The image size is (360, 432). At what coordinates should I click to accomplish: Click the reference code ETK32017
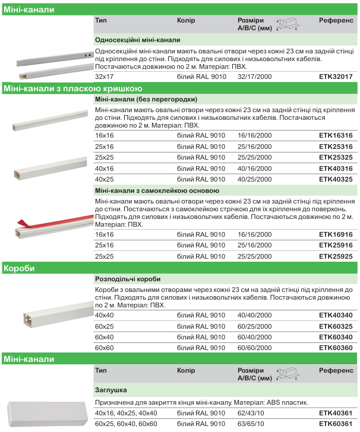pyautogui.click(x=336, y=77)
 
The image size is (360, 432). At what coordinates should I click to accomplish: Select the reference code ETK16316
pyautogui.click(x=336, y=136)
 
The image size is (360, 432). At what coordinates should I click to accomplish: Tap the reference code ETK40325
pyautogui.click(x=336, y=179)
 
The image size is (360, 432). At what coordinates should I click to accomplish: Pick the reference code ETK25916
pyautogui.click(x=336, y=246)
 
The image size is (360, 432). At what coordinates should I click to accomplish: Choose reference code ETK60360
pyautogui.click(x=336, y=348)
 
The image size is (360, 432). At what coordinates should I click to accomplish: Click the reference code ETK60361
pyautogui.click(x=336, y=424)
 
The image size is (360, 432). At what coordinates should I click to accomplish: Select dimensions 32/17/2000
pyautogui.click(x=254, y=77)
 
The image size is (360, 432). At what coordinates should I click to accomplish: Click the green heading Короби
pyautogui.click(x=18, y=268)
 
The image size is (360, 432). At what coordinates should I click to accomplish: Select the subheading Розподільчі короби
pyautogui.click(x=128, y=279)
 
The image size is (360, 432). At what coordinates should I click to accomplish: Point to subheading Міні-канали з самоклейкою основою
pyautogui.click(x=157, y=191)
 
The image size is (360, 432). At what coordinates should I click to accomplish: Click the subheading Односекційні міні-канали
pyautogui.click(x=137, y=40)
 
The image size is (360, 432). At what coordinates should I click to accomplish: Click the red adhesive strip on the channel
pyautogui.click(x=24, y=223)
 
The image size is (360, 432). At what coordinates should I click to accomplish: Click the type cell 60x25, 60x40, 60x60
pyautogui.click(x=126, y=424)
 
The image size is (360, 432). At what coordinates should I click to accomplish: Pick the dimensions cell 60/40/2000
pyautogui.click(x=254, y=337)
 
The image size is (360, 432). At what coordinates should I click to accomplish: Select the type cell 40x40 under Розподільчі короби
pyautogui.click(x=104, y=315)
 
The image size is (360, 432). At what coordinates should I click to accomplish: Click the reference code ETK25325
pyautogui.click(x=336, y=157)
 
